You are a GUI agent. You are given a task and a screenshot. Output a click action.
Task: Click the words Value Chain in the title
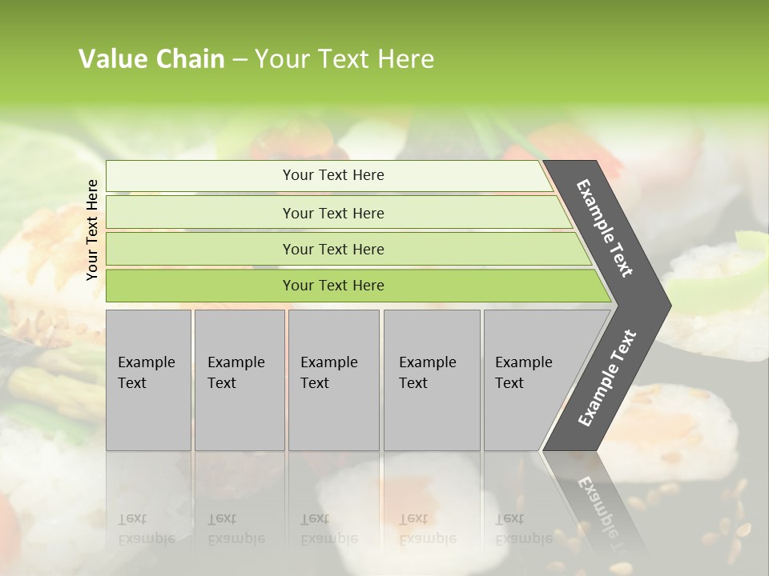tap(151, 59)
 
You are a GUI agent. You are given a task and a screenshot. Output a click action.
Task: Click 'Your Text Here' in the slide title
tap(344, 59)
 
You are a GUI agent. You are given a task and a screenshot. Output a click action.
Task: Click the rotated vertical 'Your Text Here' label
tap(92, 230)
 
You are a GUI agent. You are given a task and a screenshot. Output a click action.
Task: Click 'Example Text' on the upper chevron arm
tap(605, 228)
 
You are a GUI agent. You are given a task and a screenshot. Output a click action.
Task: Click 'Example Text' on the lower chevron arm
tap(607, 378)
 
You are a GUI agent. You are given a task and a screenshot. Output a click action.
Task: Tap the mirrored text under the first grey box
tap(146, 529)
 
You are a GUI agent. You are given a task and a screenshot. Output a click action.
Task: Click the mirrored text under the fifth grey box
tap(523, 529)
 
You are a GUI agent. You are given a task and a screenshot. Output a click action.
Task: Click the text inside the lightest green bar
tap(333, 175)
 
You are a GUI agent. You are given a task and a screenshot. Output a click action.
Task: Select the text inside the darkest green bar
tap(333, 286)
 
